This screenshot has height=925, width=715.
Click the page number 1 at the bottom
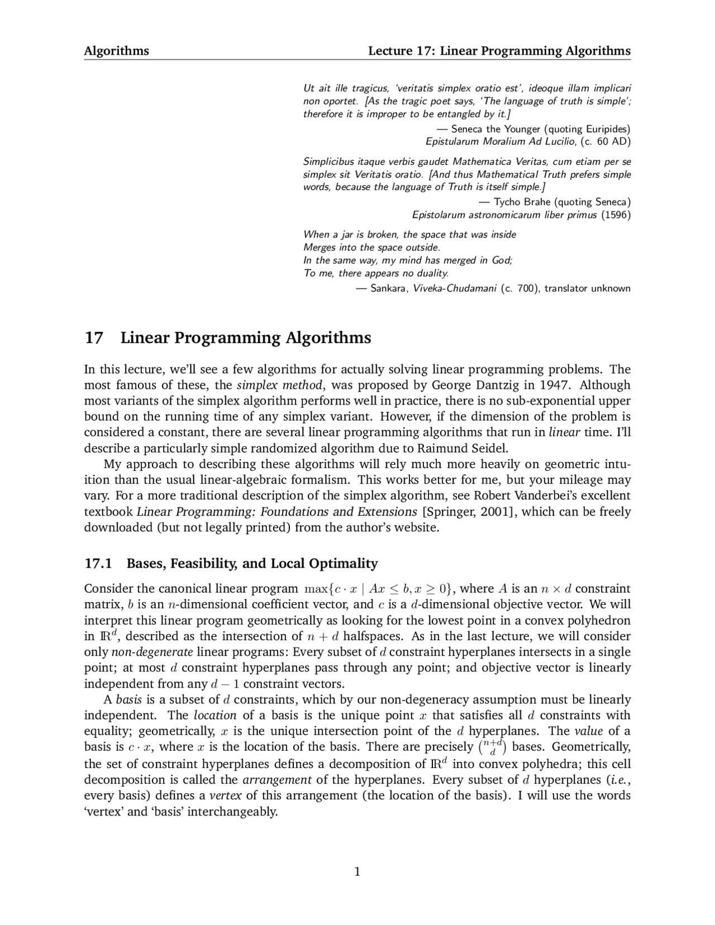357,871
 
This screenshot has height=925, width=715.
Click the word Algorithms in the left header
116,51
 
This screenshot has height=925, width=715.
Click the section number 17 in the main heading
93,338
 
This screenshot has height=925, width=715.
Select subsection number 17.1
98,563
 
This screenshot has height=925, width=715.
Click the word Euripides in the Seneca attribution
606,129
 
